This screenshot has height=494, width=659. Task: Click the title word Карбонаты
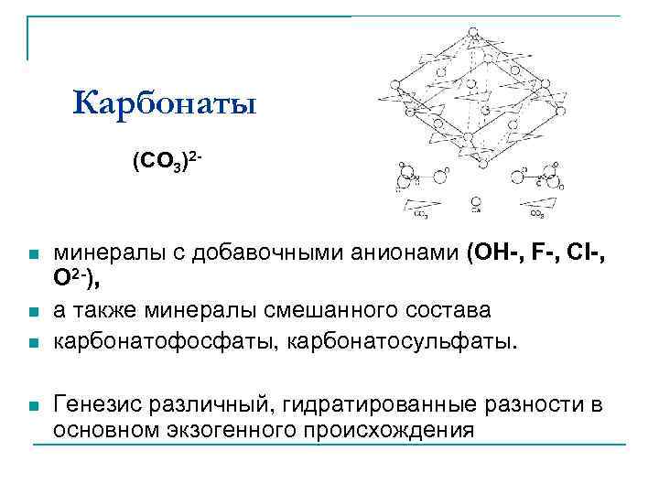tap(166, 103)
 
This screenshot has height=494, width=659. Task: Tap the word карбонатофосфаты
tap(166, 342)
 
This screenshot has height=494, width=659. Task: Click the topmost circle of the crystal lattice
tap(473, 35)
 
